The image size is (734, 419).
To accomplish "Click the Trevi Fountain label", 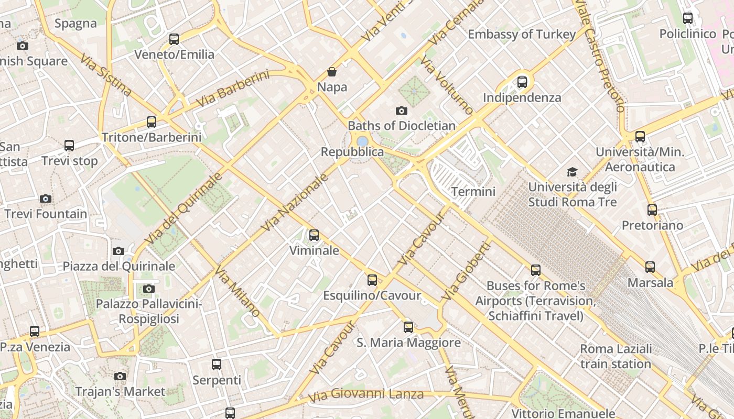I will [x=46, y=214].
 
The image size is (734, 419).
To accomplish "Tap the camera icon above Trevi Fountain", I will [x=46, y=199].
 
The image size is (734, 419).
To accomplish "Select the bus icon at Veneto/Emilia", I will [x=174, y=39].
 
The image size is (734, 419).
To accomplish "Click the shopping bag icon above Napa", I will [x=332, y=71].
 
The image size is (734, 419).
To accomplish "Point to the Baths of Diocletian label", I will [x=402, y=126].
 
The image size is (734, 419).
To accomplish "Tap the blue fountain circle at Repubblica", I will [x=362, y=141].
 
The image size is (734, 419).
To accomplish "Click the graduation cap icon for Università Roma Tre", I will [x=572, y=172].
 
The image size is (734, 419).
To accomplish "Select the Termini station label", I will [x=473, y=192].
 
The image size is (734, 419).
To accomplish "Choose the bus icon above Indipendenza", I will [x=522, y=82].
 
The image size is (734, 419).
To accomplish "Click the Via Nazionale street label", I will [x=295, y=202].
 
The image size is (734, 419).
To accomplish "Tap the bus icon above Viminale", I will [x=314, y=235].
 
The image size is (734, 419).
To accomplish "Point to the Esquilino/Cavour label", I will [x=372, y=295].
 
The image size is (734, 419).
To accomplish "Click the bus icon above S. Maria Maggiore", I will [x=408, y=327].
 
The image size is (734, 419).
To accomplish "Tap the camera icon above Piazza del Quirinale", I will [x=118, y=251].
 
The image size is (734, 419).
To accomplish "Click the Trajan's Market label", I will [x=120, y=391].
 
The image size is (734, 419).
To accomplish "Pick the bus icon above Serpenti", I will [x=217, y=365].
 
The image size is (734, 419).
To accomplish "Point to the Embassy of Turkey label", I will [x=522, y=35].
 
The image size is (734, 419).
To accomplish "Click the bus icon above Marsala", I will [x=650, y=267].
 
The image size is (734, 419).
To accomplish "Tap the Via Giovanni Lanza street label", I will [x=365, y=395].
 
